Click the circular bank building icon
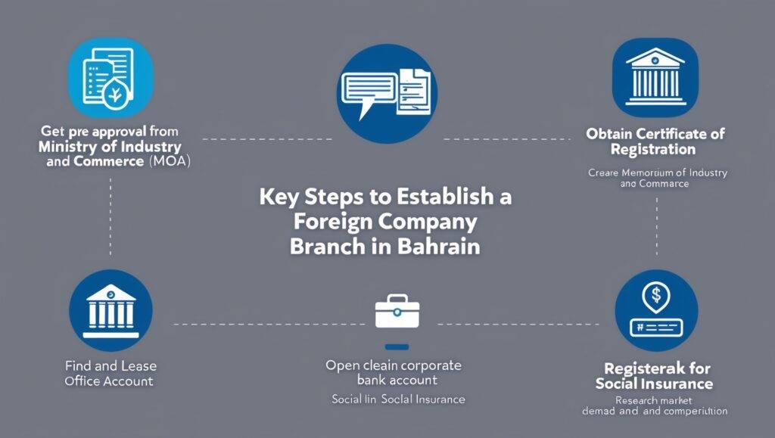(x=110, y=311)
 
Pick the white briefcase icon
(x=397, y=312)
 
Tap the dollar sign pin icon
(x=655, y=311)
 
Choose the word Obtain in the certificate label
(x=612, y=134)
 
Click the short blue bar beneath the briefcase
(x=397, y=347)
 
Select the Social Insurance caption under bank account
(x=398, y=399)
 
